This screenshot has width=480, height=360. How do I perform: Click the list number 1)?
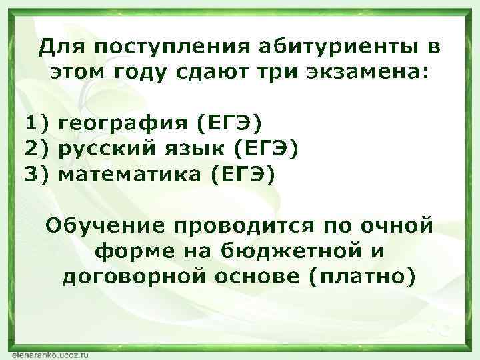click(x=37, y=124)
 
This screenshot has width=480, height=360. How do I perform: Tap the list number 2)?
click(x=37, y=149)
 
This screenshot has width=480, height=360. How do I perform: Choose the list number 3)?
click(x=37, y=175)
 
